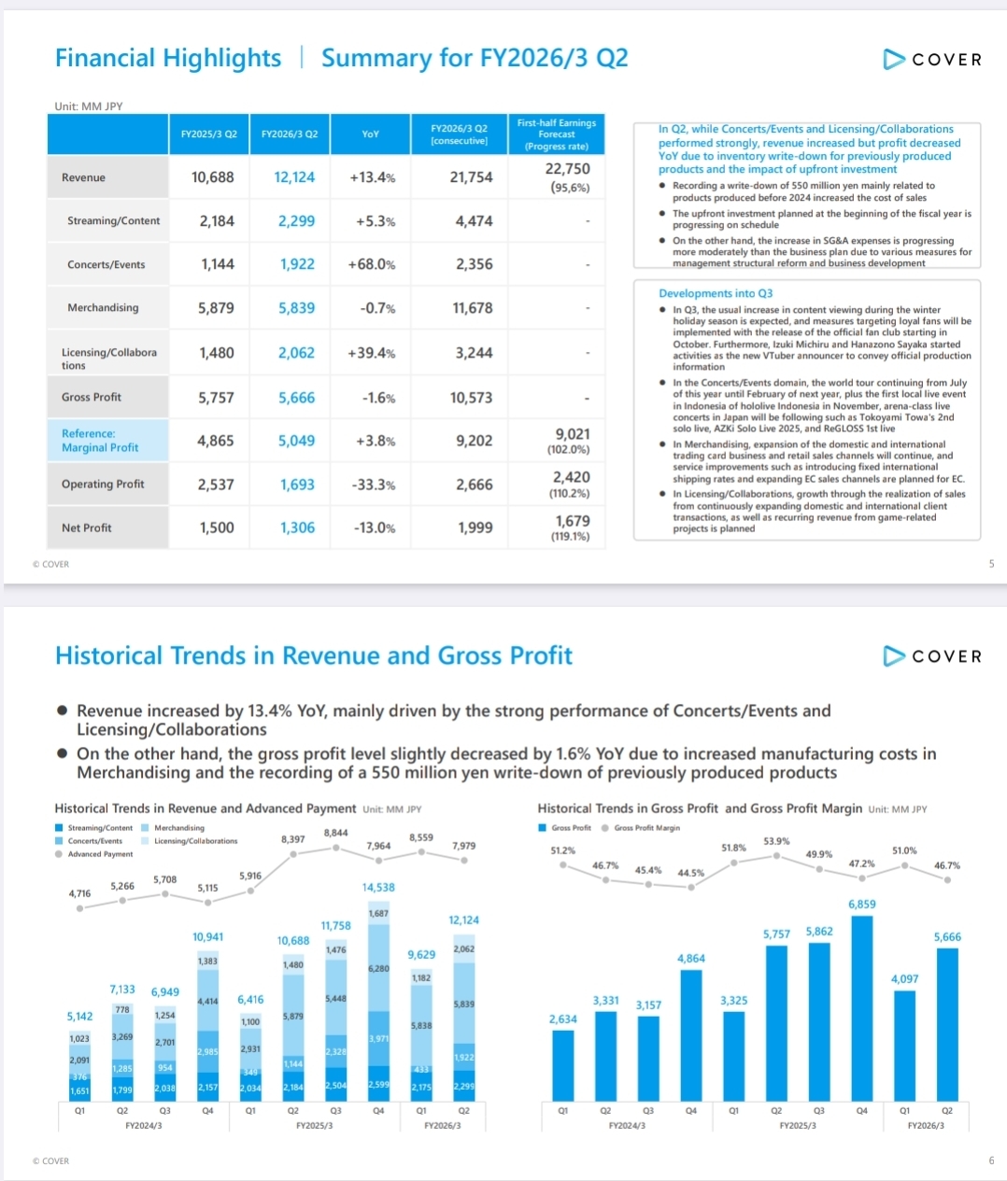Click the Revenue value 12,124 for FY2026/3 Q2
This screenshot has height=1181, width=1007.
(x=294, y=177)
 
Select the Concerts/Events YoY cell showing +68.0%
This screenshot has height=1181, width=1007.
(x=371, y=264)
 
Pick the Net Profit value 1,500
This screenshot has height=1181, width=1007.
(x=217, y=528)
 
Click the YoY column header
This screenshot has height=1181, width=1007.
(x=371, y=134)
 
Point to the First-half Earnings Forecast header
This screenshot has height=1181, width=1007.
(x=556, y=134)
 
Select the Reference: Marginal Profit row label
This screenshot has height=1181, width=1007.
(x=100, y=441)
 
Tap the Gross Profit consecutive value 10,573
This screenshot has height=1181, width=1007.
(x=471, y=398)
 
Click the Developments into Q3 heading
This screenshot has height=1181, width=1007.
(x=716, y=293)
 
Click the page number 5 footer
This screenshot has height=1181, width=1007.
(x=991, y=564)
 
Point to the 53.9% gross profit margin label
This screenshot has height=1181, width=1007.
(x=776, y=841)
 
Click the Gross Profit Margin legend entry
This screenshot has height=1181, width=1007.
(x=646, y=828)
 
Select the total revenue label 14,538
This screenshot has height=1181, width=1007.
(x=378, y=888)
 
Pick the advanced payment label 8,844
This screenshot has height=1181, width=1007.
(x=336, y=833)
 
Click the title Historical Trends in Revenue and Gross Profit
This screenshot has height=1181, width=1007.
(x=314, y=656)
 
